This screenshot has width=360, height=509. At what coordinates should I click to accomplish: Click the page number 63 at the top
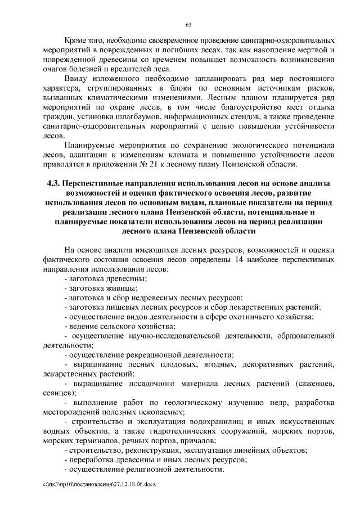(x=188, y=24)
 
